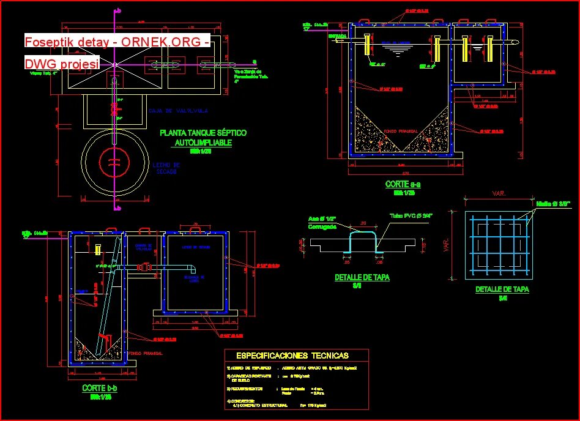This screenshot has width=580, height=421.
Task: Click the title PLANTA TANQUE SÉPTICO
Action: coord(203,132)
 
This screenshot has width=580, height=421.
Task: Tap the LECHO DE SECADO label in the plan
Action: coord(166,168)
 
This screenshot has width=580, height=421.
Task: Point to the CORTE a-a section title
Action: coord(403,184)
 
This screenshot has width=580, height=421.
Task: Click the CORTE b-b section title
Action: coord(100,388)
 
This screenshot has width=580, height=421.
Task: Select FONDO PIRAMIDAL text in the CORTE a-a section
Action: coord(401,131)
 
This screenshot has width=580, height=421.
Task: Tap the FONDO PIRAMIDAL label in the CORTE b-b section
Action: coord(146,353)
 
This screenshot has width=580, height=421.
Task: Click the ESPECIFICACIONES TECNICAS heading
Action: coord(292,356)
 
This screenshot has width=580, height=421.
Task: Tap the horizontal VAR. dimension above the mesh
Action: coord(499,194)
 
